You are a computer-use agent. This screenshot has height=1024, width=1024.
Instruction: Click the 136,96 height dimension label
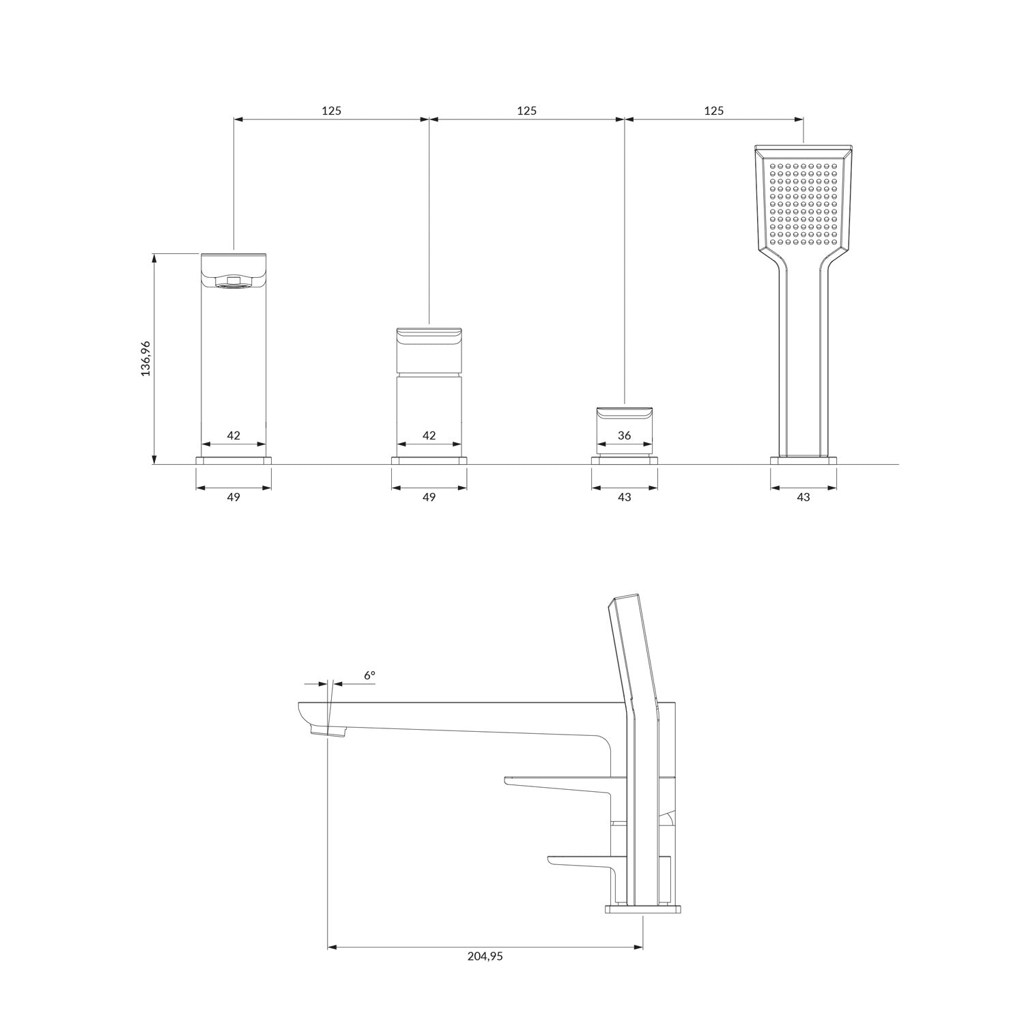point(145,358)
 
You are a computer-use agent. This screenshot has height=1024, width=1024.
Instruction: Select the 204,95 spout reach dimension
point(485,956)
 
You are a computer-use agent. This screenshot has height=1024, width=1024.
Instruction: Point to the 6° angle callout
point(369,675)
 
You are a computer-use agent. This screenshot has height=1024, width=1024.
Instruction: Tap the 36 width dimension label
point(624,436)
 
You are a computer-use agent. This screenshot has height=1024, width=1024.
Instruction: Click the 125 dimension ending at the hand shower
point(713,111)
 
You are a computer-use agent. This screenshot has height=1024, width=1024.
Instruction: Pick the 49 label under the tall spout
point(233,497)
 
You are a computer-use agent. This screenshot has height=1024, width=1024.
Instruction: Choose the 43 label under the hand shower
point(803,497)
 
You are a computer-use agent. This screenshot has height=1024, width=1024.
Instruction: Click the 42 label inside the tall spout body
point(233,436)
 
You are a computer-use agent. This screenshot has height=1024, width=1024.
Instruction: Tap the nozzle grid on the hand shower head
point(803,203)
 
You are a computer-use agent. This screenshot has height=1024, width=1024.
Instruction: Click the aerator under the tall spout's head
point(233,281)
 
